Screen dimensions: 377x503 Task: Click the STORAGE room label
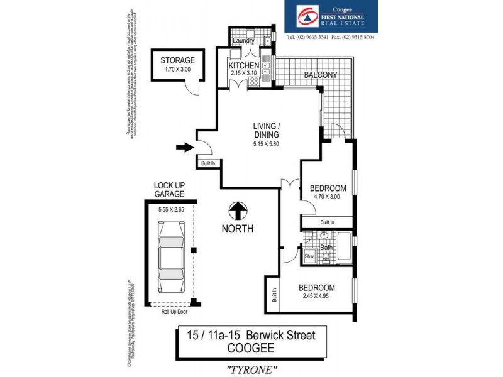pos(177,60)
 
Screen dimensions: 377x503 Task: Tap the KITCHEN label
pos(243,65)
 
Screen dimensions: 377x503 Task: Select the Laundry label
pos(243,41)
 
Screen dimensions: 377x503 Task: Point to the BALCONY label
pos(321,75)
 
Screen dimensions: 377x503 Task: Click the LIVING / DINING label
pos(262,129)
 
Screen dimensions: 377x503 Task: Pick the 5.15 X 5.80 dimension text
pos(262,144)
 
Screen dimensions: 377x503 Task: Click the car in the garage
pos(170,265)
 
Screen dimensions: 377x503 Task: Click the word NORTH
pos(238,229)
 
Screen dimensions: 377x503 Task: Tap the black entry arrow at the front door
pos(184,148)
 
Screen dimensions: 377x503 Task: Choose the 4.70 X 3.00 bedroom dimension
pos(326,197)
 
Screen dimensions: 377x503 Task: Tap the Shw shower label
pos(309,257)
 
